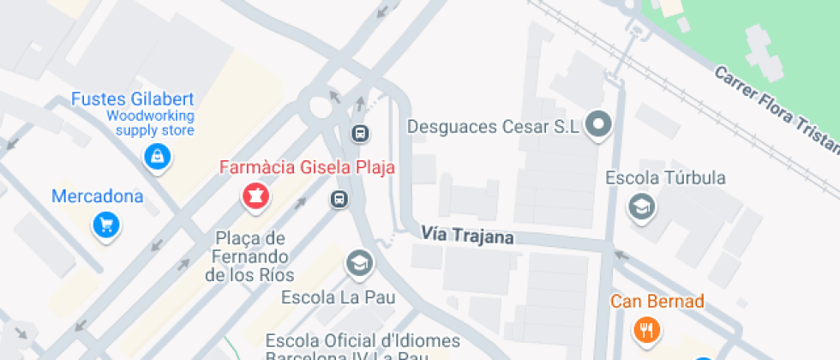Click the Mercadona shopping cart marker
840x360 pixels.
point(107,225)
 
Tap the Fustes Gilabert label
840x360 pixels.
point(132,99)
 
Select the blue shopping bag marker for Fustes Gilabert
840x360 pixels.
point(158,157)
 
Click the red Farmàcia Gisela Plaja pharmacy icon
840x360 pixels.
point(254,197)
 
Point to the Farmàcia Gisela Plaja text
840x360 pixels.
point(307,167)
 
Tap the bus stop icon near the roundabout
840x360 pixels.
point(361,134)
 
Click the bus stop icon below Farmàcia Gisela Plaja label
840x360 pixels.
point(339,200)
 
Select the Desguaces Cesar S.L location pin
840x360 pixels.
point(597,125)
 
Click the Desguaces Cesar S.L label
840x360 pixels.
point(493,127)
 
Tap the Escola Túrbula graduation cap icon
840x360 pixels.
point(640,207)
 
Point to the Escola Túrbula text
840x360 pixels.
point(665,178)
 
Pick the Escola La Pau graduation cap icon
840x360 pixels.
point(359,263)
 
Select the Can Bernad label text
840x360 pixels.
point(657,301)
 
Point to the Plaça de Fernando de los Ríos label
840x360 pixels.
point(249,256)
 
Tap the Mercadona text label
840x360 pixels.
point(97,196)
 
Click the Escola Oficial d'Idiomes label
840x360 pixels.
point(363,340)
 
